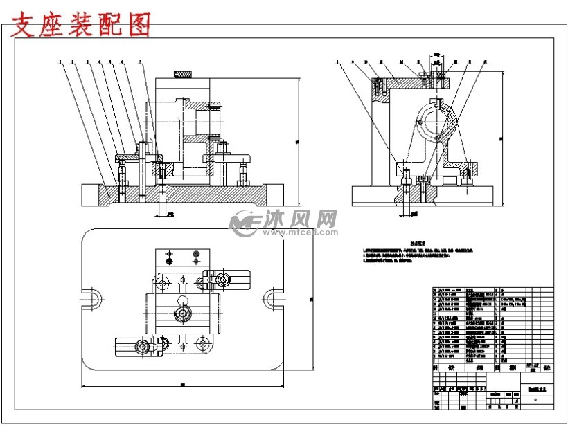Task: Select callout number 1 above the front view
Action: point(61,62)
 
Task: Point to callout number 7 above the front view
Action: point(139,62)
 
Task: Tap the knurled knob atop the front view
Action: point(182,73)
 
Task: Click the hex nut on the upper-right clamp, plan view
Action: point(223,280)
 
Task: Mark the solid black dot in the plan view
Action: point(168,263)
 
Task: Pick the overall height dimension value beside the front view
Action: point(296,142)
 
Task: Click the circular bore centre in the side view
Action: point(437,120)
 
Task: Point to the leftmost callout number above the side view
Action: point(337,62)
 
